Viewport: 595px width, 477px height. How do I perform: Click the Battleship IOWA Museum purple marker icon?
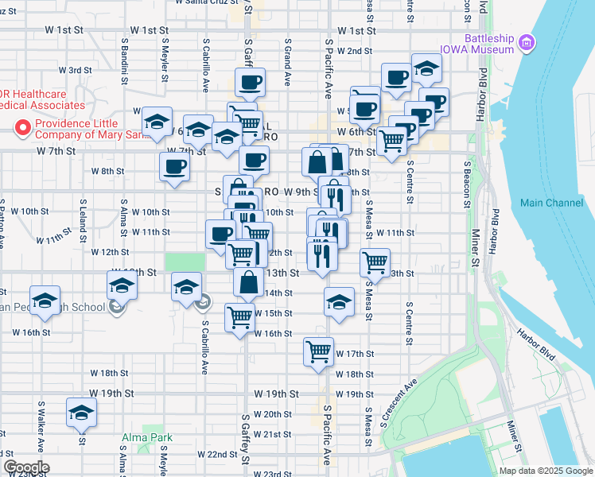525,42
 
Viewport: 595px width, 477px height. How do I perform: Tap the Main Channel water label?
551,203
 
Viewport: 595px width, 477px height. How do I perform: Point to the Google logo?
26,467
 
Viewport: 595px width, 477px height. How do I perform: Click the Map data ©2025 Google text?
546,471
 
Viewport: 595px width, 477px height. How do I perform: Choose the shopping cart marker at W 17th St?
319,350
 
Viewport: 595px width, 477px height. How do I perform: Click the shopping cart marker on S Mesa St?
375,261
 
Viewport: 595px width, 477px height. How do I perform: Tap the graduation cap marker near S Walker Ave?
81,413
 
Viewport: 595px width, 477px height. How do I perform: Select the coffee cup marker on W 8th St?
174,165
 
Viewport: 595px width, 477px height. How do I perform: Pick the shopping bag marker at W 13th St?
250,281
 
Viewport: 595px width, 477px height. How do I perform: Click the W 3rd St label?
78,70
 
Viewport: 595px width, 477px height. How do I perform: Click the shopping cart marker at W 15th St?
239,317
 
